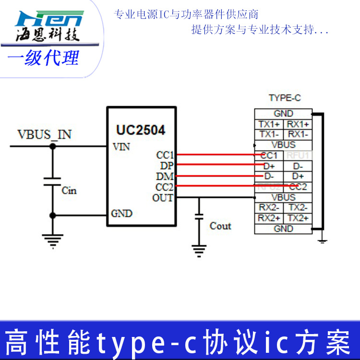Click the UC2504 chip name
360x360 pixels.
click(x=141, y=130)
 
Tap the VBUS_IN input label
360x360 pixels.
click(x=45, y=134)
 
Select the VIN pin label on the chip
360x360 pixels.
click(x=121, y=147)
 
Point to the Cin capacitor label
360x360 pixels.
click(x=69, y=191)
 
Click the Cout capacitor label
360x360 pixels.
click(x=220, y=226)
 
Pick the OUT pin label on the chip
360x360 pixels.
click(x=163, y=197)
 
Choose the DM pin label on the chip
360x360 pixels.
click(x=164, y=176)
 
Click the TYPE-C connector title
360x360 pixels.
click(x=285, y=98)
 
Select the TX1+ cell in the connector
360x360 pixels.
click(x=269, y=124)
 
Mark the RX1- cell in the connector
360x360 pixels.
click(x=298, y=134)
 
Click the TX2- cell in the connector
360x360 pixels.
click(x=298, y=208)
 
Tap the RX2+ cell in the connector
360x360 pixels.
click(x=269, y=218)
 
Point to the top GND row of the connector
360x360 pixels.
click(x=283, y=114)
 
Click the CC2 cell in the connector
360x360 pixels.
click(x=298, y=187)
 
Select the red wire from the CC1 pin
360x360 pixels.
click(x=216, y=155)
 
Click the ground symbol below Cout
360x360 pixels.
click(x=199, y=250)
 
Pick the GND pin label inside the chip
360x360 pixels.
click(x=121, y=214)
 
